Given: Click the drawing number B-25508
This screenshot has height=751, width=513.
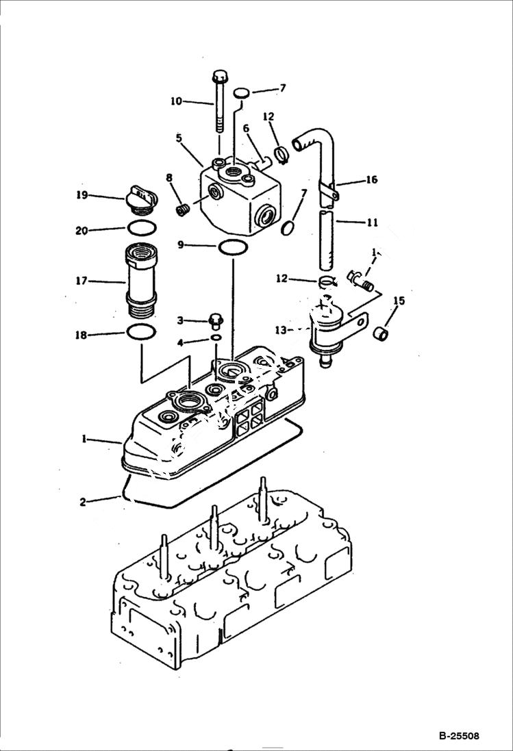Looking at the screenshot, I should click(x=459, y=737).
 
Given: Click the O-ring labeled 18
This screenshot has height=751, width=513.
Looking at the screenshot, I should click(x=140, y=333).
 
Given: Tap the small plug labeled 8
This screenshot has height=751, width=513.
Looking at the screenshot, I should click(x=182, y=209).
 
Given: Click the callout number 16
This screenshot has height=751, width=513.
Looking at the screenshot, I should click(x=371, y=180).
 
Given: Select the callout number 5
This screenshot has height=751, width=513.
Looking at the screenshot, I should click(x=178, y=138).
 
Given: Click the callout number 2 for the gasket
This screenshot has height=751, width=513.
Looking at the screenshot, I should click(x=83, y=502).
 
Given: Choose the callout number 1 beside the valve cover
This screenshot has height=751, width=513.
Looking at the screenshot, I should click(x=84, y=439).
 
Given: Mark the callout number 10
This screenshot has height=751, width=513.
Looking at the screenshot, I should click(x=176, y=101).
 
